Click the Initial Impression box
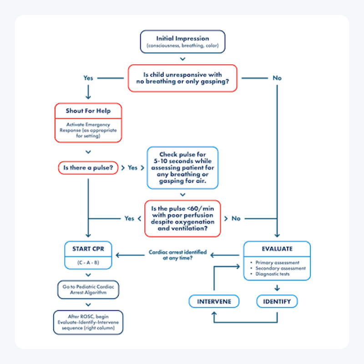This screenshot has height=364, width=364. (182, 41)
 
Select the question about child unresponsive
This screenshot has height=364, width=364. (182, 78)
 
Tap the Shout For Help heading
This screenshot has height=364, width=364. (88, 111)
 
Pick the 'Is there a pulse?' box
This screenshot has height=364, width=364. (88, 167)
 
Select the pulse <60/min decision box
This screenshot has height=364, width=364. (182, 218)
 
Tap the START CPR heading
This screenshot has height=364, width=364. (88, 249)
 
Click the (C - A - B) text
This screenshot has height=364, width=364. (88, 263)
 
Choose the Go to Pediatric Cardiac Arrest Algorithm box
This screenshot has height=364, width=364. (88, 290)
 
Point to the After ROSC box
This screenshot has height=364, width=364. (88, 322)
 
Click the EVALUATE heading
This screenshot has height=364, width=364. (277, 249)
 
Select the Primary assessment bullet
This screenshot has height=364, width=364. (277, 263)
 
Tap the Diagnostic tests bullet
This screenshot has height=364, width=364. (276, 274)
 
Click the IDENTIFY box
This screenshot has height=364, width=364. (277, 302)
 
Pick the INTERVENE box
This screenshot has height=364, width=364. (214, 302)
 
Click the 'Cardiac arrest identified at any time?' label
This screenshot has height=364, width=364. (177, 255)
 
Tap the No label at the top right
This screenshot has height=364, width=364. (277, 78)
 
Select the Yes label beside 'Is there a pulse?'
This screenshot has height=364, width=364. (132, 167)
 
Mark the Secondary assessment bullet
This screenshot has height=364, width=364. (278, 268)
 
